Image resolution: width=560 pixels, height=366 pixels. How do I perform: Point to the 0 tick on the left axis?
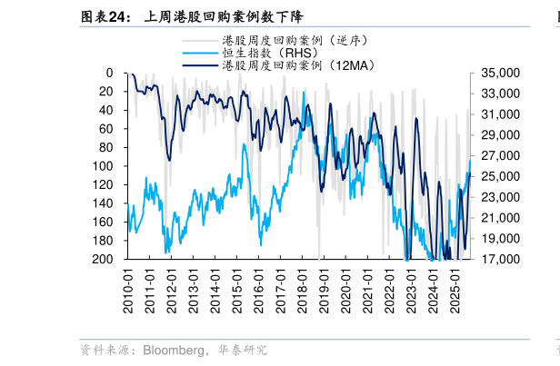point(109,73)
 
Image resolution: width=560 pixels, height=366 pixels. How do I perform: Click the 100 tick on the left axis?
point(103,166)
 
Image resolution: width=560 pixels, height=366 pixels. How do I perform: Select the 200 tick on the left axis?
point(103,260)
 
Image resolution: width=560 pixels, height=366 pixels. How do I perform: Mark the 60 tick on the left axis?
point(105,129)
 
